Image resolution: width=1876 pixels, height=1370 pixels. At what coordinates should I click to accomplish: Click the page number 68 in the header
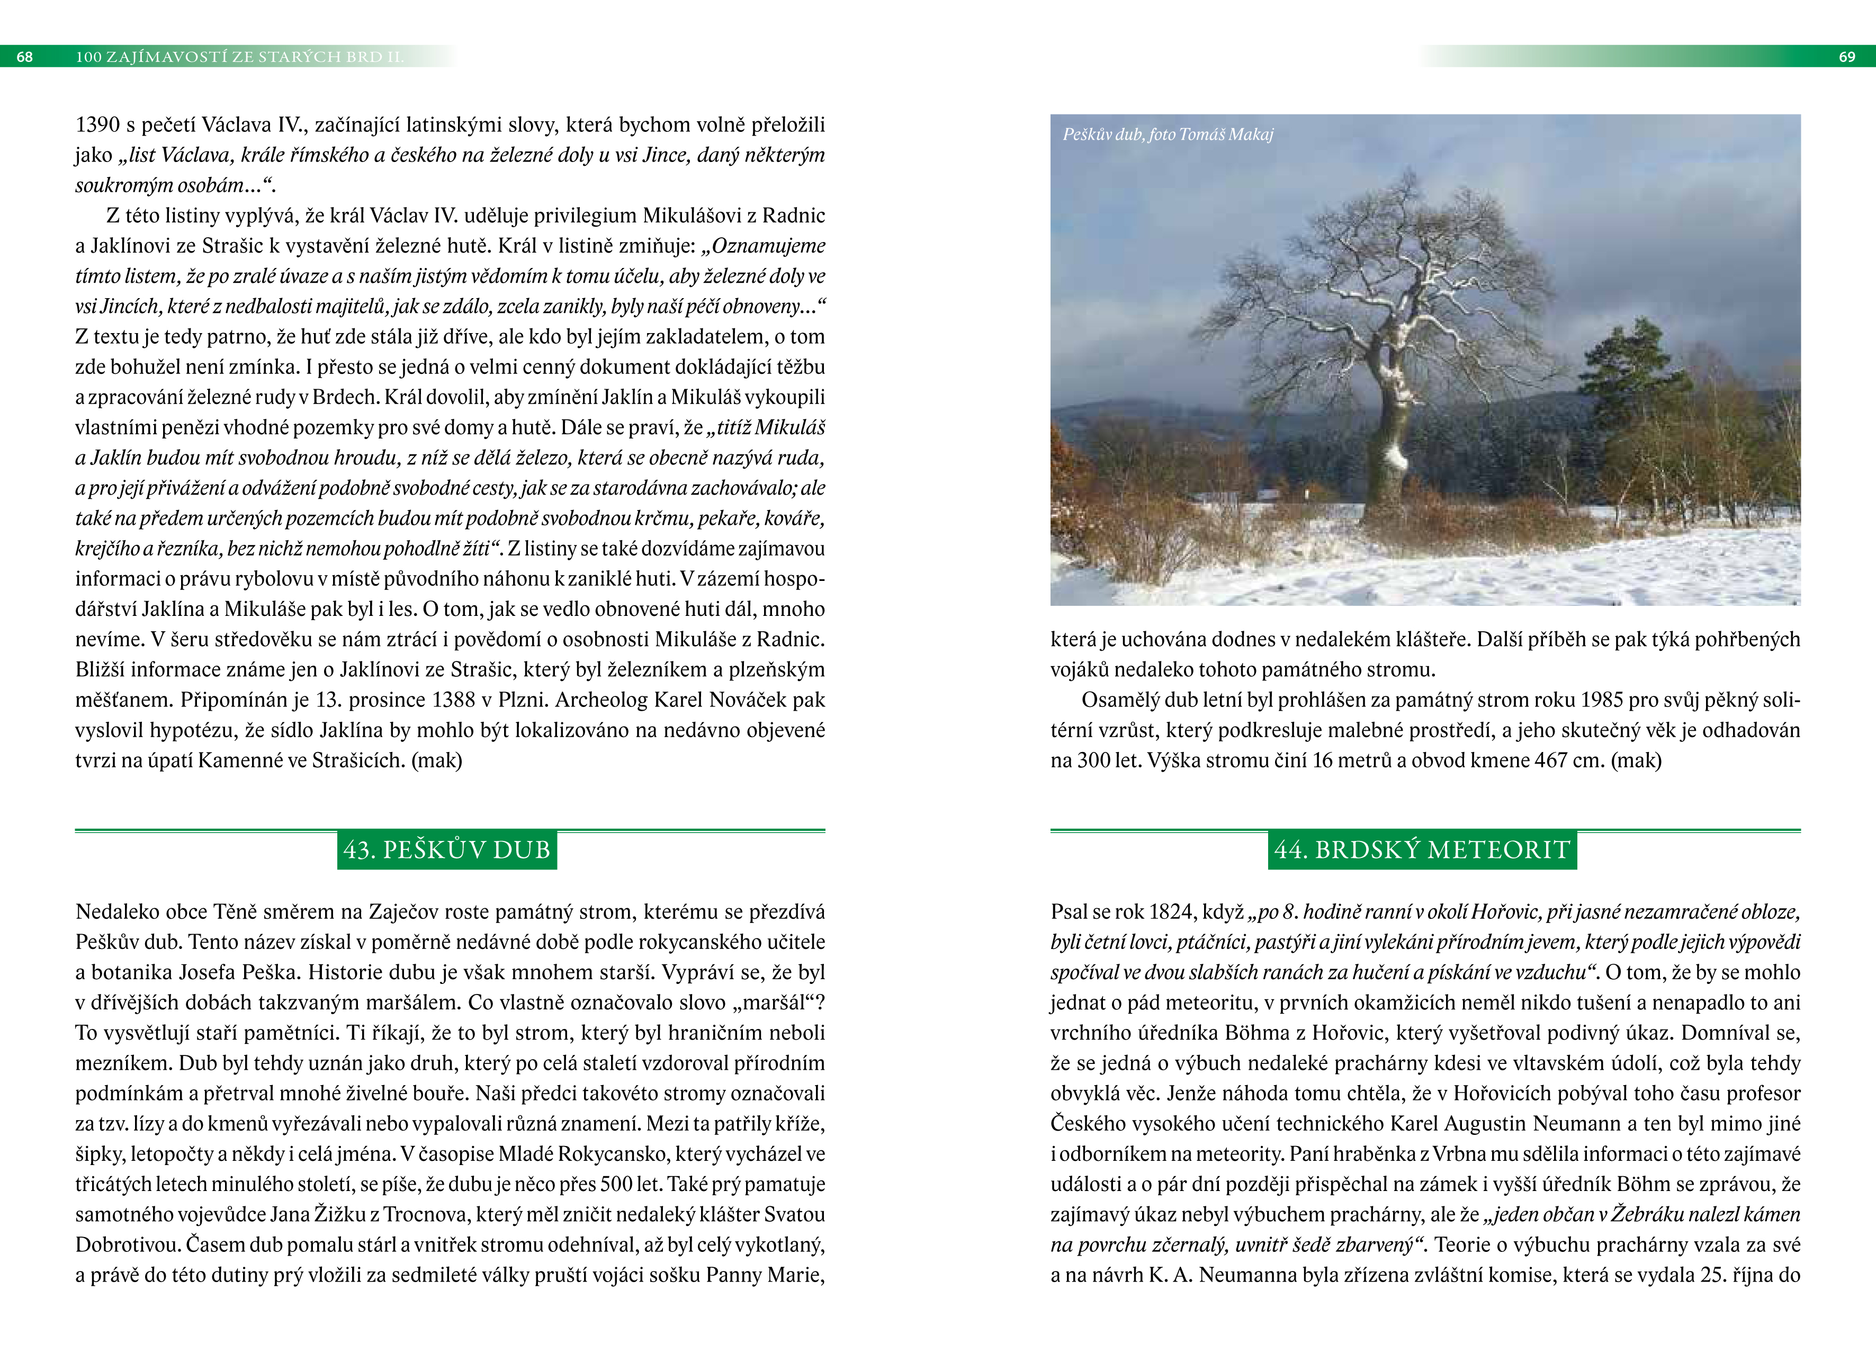coord(25,56)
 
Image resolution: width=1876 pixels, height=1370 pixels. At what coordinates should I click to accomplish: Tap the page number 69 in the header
coord(1847,56)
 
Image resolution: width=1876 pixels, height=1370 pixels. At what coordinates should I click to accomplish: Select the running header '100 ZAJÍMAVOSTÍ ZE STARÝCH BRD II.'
coord(239,56)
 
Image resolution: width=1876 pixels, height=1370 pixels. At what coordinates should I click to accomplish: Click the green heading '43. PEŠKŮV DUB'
coord(447,850)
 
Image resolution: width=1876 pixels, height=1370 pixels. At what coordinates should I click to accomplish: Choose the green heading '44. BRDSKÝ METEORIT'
coord(1422,850)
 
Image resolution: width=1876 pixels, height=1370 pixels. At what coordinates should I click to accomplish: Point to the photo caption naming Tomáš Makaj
coord(1167,135)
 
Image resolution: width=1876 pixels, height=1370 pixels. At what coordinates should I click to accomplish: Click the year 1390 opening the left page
coord(98,125)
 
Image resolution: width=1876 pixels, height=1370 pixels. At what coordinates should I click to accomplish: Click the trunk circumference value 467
coord(1549,760)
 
